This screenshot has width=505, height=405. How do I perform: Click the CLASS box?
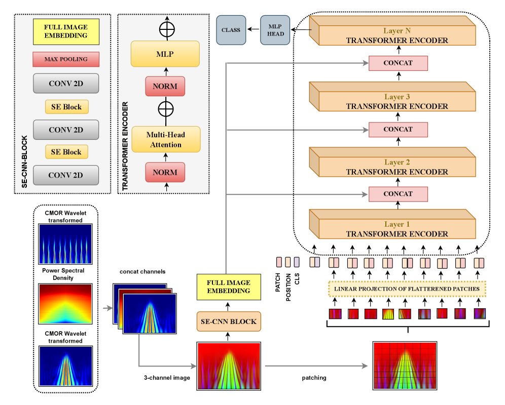pyautogui.click(x=231, y=30)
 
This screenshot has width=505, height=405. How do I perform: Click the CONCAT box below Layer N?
pyautogui.click(x=398, y=63)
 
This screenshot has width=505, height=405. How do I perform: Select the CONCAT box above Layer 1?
pyautogui.click(x=398, y=193)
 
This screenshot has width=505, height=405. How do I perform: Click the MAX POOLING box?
pyautogui.click(x=65, y=59)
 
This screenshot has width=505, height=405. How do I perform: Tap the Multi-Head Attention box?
pyautogui.click(x=166, y=140)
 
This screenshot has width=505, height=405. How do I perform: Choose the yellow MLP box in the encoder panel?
pyautogui.click(x=166, y=54)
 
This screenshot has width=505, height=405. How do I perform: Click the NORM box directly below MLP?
pyautogui.click(x=165, y=86)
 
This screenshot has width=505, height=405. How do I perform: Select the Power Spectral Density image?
pyautogui.click(x=66, y=303)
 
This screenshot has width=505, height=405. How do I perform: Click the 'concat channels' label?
pyautogui.click(x=142, y=272)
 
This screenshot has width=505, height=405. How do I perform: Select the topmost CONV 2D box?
pyautogui.click(x=65, y=83)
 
